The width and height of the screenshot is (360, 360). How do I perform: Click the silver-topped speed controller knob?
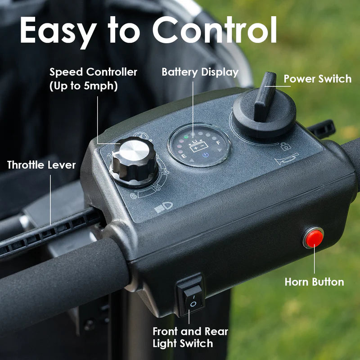pos(134,161)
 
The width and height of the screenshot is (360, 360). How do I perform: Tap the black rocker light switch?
pos(190,296)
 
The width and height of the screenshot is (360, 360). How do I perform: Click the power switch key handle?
pos(265,96)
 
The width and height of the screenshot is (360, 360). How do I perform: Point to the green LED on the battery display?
pos(186,137)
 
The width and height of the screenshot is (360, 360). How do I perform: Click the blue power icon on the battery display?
pos(206,155)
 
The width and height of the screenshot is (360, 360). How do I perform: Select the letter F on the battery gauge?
pos(218,143)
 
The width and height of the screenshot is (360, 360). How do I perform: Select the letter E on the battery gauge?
pos(184,156)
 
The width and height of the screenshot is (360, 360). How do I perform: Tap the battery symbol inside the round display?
pos(199,146)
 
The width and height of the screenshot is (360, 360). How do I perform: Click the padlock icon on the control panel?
pos(286,146)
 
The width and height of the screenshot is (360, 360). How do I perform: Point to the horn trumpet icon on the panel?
pos(287,159)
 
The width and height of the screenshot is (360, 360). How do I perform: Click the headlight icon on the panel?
pos(163,207)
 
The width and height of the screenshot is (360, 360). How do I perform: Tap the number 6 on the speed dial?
pos(133,196)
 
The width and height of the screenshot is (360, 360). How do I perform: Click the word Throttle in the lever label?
pos(25,165)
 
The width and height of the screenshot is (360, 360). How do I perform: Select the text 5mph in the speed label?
pos(99,85)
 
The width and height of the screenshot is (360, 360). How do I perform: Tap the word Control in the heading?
pos(215,30)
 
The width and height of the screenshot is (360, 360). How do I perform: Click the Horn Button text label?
pos(314,282)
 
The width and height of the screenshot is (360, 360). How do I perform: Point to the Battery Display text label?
pos(200,72)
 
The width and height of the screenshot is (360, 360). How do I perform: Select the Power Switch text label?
pos(318,79)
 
